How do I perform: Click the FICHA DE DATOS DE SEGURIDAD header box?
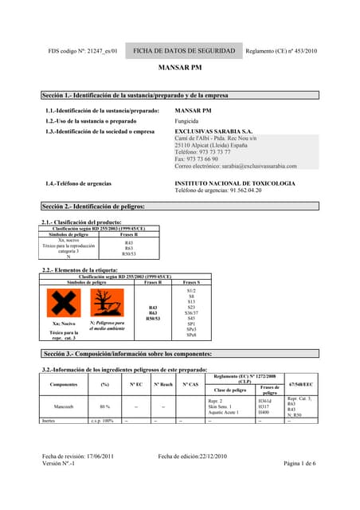pyautogui.click(x=184, y=51)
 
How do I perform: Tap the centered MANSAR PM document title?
pyautogui.click(x=179, y=70)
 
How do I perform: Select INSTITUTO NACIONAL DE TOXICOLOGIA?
pyautogui.click(x=234, y=183)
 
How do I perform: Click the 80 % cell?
pyautogui.click(x=104, y=406)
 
